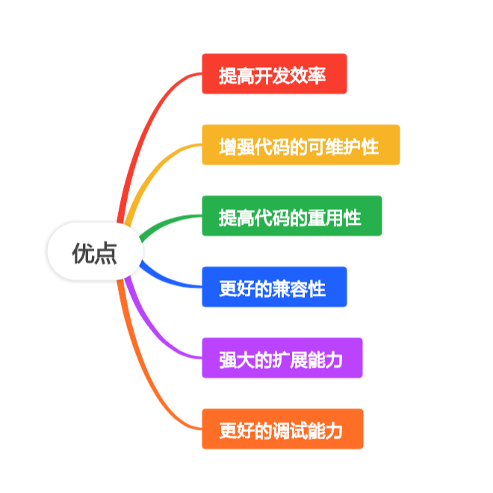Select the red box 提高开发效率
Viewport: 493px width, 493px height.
click(274, 74)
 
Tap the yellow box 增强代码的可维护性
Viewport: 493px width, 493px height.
click(300, 145)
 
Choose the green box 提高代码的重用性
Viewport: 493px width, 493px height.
click(291, 216)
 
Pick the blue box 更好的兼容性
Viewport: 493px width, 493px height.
click(274, 287)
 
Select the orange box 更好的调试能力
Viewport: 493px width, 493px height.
click(282, 429)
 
